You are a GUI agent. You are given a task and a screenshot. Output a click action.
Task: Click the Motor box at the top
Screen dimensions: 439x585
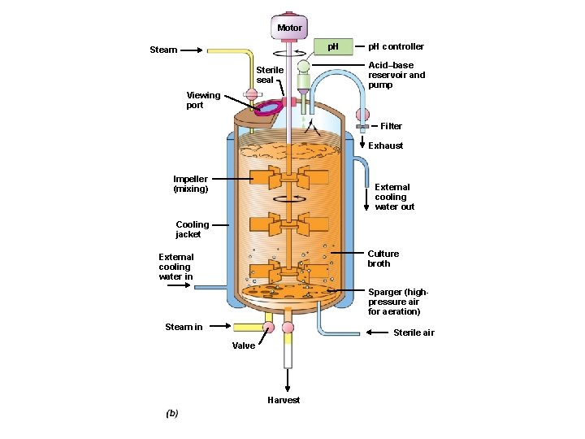tap(289, 27)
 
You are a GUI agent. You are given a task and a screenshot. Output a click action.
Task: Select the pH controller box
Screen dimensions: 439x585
tap(332, 47)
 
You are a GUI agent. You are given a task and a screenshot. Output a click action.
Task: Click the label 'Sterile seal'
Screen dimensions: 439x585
tap(270, 75)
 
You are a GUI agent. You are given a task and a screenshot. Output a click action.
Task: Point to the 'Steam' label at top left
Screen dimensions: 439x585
tap(163, 50)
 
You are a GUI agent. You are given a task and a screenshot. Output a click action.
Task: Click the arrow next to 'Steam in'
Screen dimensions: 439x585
tap(217, 327)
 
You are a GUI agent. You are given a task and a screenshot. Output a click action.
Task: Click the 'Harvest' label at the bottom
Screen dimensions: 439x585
tap(284, 400)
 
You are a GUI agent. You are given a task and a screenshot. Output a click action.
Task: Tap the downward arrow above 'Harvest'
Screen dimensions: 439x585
tap(287, 380)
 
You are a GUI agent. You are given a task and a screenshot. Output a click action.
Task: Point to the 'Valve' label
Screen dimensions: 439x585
tap(243, 346)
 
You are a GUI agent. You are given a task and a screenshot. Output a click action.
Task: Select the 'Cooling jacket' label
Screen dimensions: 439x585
tap(193, 229)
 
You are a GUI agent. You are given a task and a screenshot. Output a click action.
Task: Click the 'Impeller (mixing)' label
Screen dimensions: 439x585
tap(190, 184)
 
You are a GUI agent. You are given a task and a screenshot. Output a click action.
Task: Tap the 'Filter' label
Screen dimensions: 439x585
tap(391, 126)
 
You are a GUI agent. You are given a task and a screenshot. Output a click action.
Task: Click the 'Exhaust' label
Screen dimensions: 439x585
tap(385, 146)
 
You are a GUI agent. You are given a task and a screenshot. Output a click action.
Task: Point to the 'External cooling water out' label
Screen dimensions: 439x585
tap(394, 197)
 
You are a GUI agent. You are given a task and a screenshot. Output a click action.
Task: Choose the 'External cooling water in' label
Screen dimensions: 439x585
tap(176, 267)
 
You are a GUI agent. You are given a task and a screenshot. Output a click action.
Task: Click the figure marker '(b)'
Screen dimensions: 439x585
tap(171, 413)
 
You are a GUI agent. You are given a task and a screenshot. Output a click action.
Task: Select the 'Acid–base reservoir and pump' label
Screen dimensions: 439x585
tap(396, 75)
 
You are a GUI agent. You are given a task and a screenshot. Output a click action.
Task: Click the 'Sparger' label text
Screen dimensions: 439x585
tap(397, 302)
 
